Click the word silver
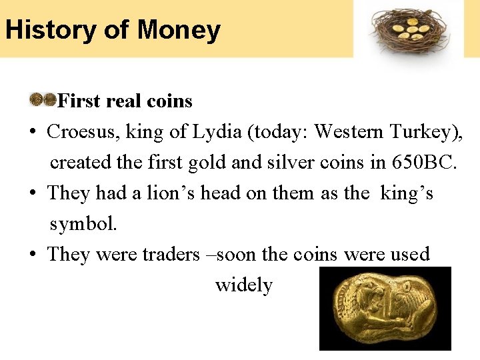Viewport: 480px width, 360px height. pyautogui.click(x=309, y=162)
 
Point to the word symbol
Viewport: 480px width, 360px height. pyautogui.click(x=83, y=224)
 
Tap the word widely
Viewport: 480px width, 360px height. pyautogui.click(x=243, y=285)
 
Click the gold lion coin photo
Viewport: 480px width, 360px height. pyautogui.click(x=385, y=308)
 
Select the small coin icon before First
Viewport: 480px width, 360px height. pyautogui.click(x=43, y=100)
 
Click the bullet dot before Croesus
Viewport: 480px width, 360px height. pyautogui.click(x=33, y=132)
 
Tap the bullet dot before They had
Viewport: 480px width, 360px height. pyautogui.click(x=33, y=193)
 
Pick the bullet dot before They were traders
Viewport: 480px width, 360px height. pyautogui.click(x=33, y=254)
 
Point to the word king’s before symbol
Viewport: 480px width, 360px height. pyautogui.click(x=407, y=193)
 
